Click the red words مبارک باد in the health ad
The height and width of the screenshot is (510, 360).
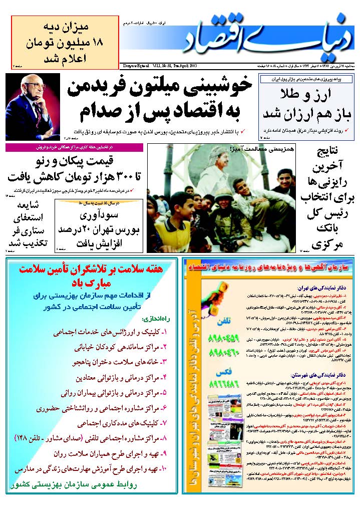(x=90, y=282)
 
